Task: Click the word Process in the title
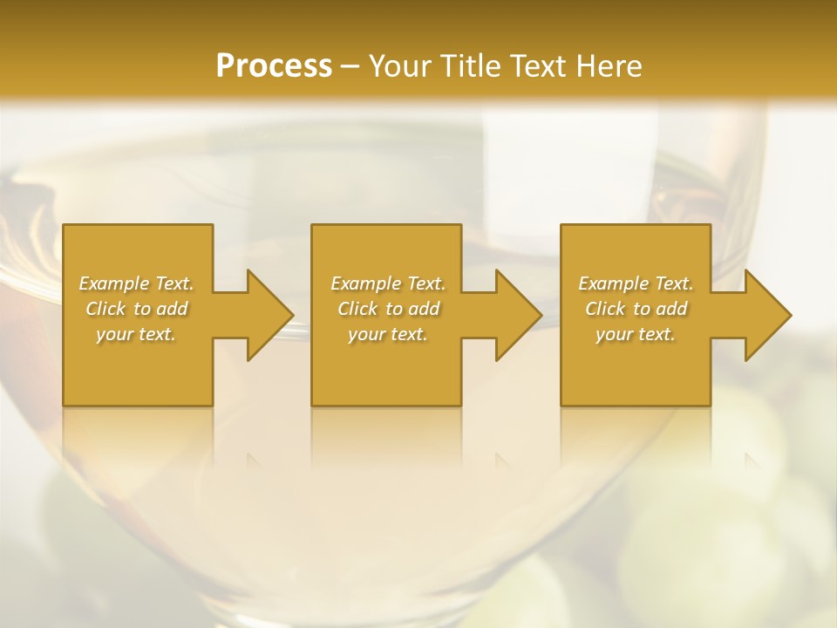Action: click(274, 66)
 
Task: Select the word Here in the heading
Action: click(609, 66)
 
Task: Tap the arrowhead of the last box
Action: click(766, 315)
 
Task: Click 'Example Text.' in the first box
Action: click(136, 283)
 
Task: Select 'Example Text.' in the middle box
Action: click(388, 283)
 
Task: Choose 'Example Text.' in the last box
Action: click(636, 283)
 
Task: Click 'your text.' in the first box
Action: click(136, 334)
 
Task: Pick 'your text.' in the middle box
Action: click(388, 334)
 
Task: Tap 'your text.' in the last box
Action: click(636, 334)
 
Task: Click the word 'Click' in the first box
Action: click(105, 309)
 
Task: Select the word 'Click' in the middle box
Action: click(357, 309)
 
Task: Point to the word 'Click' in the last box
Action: click(605, 309)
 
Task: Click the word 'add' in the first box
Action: click(173, 309)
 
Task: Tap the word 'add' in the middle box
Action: click(425, 309)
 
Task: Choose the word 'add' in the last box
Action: click(672, 309)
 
